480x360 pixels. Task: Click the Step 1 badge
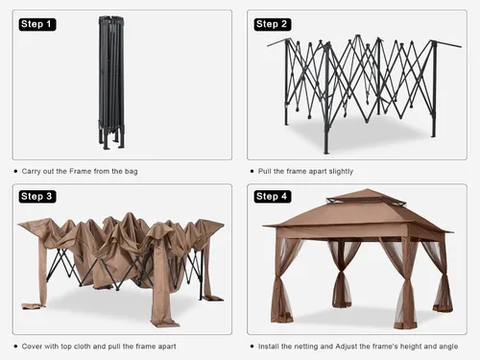coord(37,24)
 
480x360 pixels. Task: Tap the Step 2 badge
coord(273,24)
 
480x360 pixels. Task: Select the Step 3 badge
coord(37,196)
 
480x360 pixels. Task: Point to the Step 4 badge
coord(273,196)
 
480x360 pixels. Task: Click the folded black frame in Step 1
coord(111,83)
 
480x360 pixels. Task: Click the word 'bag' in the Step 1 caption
coord(131,172)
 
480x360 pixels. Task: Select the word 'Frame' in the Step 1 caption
coord(81,171)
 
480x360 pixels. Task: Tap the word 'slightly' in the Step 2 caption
coord(341,172)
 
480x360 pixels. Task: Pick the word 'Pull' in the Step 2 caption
coord(264,171)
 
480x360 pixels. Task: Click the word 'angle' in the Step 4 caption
coord(448,347)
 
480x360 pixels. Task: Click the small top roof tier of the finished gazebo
coord(367,196)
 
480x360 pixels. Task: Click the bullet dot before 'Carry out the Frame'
coord(15,171)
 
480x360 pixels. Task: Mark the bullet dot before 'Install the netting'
coord(252,347)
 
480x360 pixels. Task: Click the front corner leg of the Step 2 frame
coord(326,99)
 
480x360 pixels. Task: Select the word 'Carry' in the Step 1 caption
coord(31,172)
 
